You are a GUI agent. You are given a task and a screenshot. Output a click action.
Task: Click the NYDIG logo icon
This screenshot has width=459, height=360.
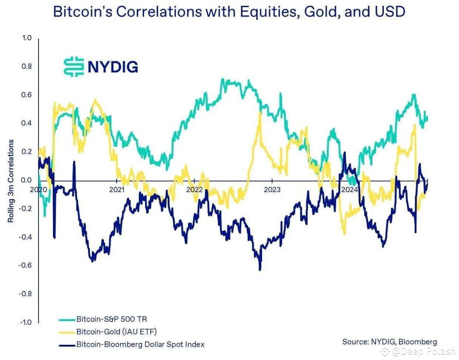[74, 67]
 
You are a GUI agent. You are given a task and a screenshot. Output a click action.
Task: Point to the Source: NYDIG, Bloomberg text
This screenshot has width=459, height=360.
[389, 342]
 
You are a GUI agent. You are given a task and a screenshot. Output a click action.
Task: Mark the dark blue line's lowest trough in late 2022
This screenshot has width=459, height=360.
[260, 269]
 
